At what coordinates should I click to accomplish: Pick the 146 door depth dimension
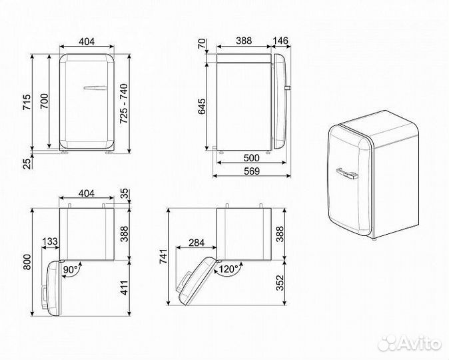pyautogui.click(x=280, y=40)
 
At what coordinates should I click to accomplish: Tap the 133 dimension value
pyautogui.click(x=49, y=241)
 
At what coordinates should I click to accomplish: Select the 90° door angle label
pyautogui.click(x=71, y=269)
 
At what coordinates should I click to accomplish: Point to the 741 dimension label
pyautogui.click(x=161, y=261)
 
